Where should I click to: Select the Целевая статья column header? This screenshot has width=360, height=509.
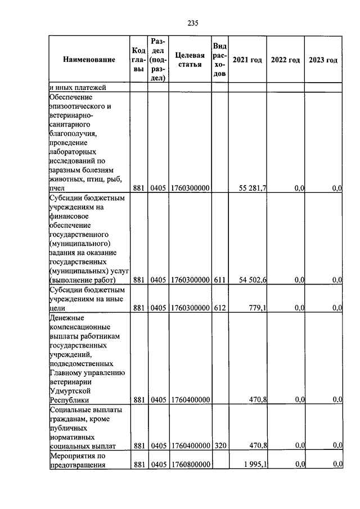[189, 60]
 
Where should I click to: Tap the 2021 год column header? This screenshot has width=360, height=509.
[247, 60]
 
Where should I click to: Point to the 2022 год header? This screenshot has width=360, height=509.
[285, 60]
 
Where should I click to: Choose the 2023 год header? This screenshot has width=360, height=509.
[323, 60]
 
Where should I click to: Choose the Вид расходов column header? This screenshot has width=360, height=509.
[220, 60]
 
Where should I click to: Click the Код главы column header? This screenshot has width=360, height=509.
[139, 60]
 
